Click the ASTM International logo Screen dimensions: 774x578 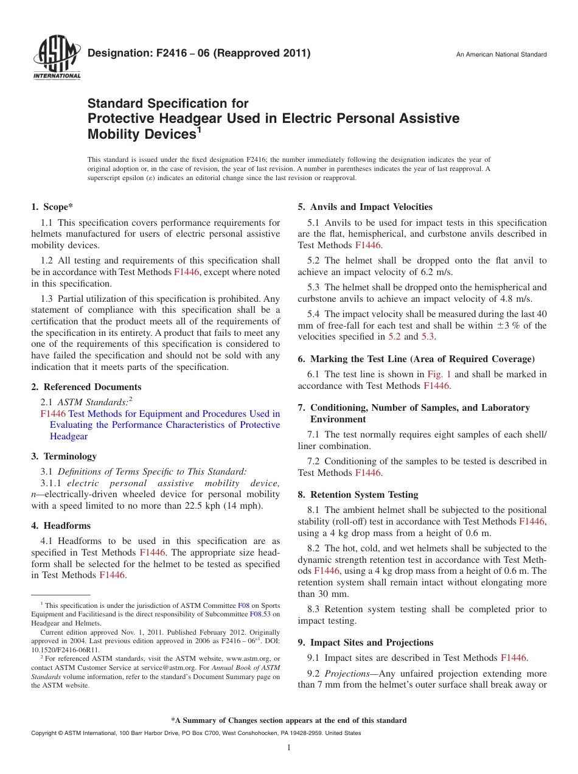pos(57,59)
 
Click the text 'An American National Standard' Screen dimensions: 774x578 pos(501,55)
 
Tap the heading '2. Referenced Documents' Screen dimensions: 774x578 pos(86,387)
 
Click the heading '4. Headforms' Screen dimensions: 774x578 pos(61,526)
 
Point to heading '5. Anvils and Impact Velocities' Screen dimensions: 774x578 pos(365,207)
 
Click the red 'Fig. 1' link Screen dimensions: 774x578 pos(439,374)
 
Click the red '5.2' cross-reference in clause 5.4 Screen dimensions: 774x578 pos(395,336)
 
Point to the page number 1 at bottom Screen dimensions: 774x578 pos(289,748)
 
